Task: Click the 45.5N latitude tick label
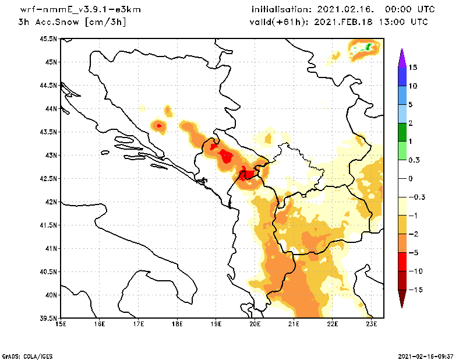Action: pyautogui.click(x=48, y=39)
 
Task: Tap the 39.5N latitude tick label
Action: pyautogui.click(x=48, y=318)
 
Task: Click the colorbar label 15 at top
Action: pyautogui.click(x=413, y=68)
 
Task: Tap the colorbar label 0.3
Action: pyautogui.click(x=415, y=160)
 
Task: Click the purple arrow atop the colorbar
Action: pyautogui.click(x=401, y=57)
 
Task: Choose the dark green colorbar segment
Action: pyautogui.click(x=401, y=132)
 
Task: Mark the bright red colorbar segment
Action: pyautogui.click(x=401, y=262)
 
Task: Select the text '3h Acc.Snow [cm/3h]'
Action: pyautogui.click(x=72, y=22)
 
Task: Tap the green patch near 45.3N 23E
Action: pyautogui.click(x=369, y=47)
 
